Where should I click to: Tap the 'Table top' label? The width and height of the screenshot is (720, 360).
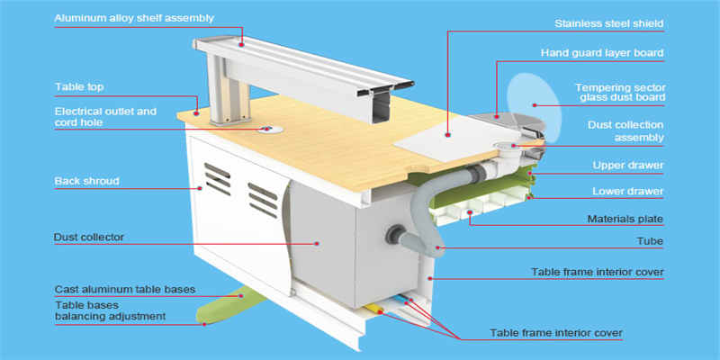coord(80,87)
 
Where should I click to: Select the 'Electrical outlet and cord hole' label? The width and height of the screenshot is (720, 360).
coord(105,118)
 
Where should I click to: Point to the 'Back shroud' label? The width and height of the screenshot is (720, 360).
coord(86,182)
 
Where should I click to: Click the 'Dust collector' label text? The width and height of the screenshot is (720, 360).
coord(89,238)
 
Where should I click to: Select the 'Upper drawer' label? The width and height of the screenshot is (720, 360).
coord(627,166)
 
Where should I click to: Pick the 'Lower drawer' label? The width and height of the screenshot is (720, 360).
coord(627,192)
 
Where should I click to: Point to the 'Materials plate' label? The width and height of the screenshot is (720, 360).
coord(625,219)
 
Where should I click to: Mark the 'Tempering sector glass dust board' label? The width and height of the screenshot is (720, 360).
coord(620,93)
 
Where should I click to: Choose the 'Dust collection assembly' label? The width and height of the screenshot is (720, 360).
coord(625,130)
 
